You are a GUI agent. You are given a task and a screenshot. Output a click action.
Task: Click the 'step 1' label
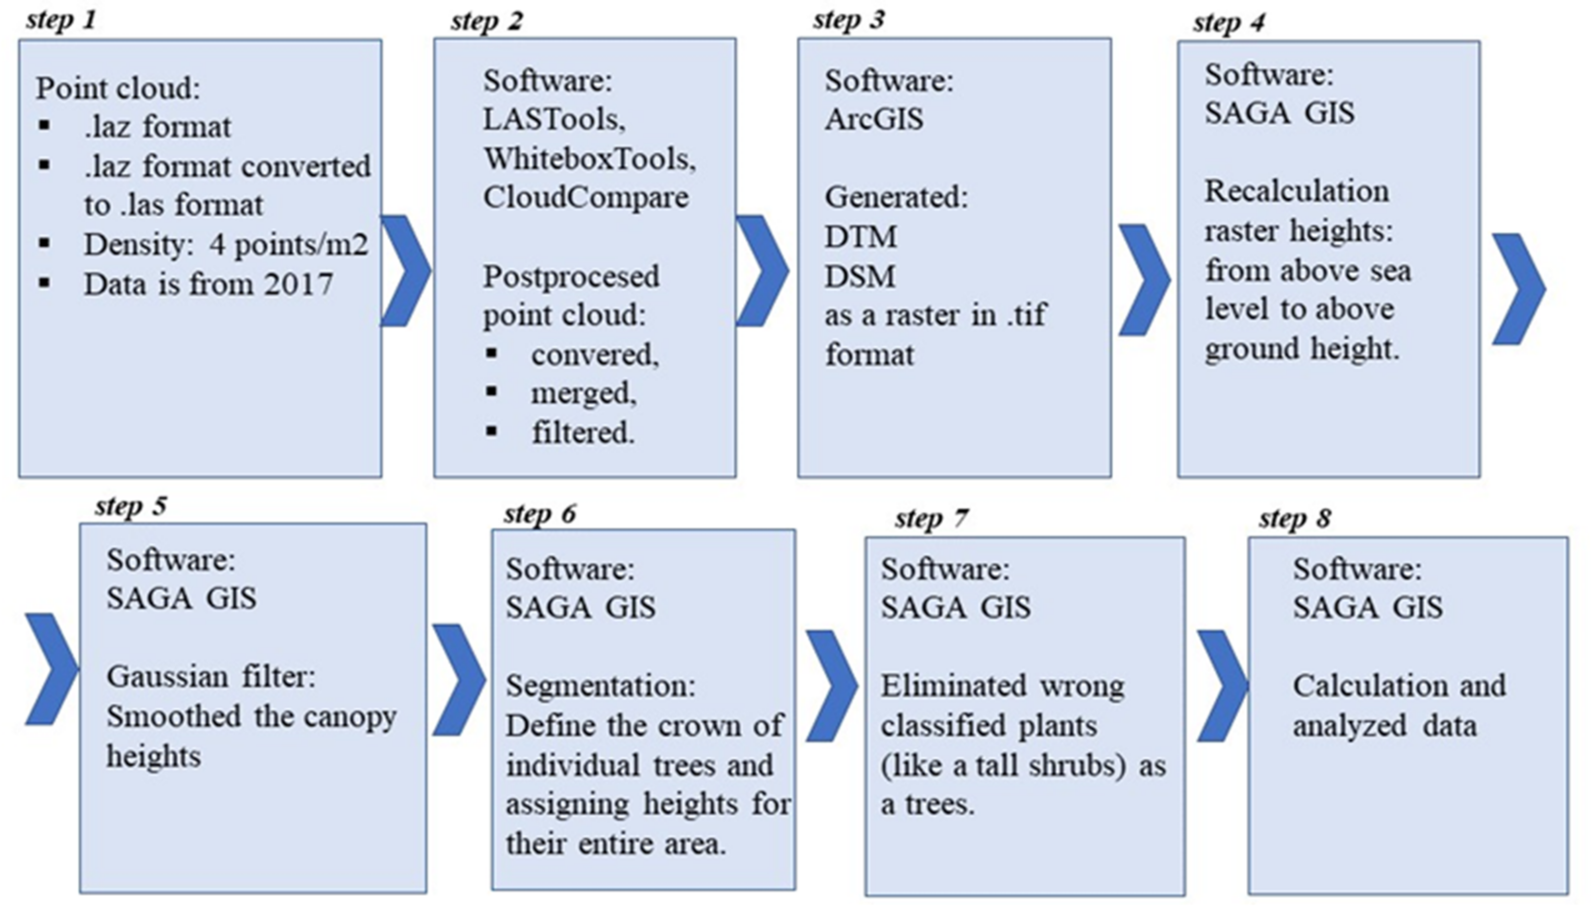[61, 20]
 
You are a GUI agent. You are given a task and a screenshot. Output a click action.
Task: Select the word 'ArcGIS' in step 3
[874, 119]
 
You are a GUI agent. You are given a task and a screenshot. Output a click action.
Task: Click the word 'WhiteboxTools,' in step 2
[589, 159]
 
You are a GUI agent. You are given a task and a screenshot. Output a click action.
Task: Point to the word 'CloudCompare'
[585, 198]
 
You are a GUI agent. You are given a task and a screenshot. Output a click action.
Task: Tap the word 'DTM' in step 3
[861, 237]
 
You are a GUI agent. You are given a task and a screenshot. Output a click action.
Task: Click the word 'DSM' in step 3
[860, 276]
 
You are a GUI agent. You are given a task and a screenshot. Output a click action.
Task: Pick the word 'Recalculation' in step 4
[1296, 192]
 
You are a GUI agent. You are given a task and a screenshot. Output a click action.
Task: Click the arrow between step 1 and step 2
[406, 271]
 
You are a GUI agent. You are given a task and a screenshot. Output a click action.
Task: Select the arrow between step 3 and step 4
[1143, 280]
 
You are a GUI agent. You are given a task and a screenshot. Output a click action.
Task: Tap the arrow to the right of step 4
[1518, 289]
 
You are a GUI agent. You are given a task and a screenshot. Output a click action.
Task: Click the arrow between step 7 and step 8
[1221, 686]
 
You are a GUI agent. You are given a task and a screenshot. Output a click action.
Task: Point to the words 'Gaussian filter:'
[211, 677]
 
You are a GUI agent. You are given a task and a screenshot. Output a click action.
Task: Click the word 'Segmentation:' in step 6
[600, 686]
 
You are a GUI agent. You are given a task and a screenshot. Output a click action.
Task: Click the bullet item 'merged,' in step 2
[583, 393]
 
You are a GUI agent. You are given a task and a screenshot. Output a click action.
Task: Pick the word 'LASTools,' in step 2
[554, 119]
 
